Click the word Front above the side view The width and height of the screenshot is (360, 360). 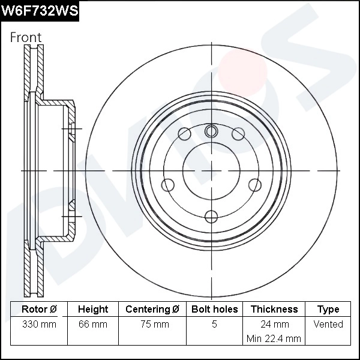26,37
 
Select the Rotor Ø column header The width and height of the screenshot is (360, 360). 39,310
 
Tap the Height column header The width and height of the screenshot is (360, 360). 93,310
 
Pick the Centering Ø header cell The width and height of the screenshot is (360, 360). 152,310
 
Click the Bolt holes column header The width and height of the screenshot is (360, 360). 214,310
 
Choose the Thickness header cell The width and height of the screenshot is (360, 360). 274,310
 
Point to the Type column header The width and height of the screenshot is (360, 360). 328,310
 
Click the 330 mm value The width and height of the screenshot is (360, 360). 39,325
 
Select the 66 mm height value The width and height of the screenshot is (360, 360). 93,325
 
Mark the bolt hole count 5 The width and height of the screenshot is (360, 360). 214,325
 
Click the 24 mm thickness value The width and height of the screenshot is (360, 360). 274,325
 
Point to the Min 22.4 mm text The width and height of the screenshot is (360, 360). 274,339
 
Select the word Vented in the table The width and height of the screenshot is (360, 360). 328,325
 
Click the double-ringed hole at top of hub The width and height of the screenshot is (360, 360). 211,131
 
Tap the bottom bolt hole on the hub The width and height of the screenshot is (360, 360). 211,216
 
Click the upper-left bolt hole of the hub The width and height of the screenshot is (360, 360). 185,133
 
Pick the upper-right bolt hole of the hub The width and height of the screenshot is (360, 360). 238,133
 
